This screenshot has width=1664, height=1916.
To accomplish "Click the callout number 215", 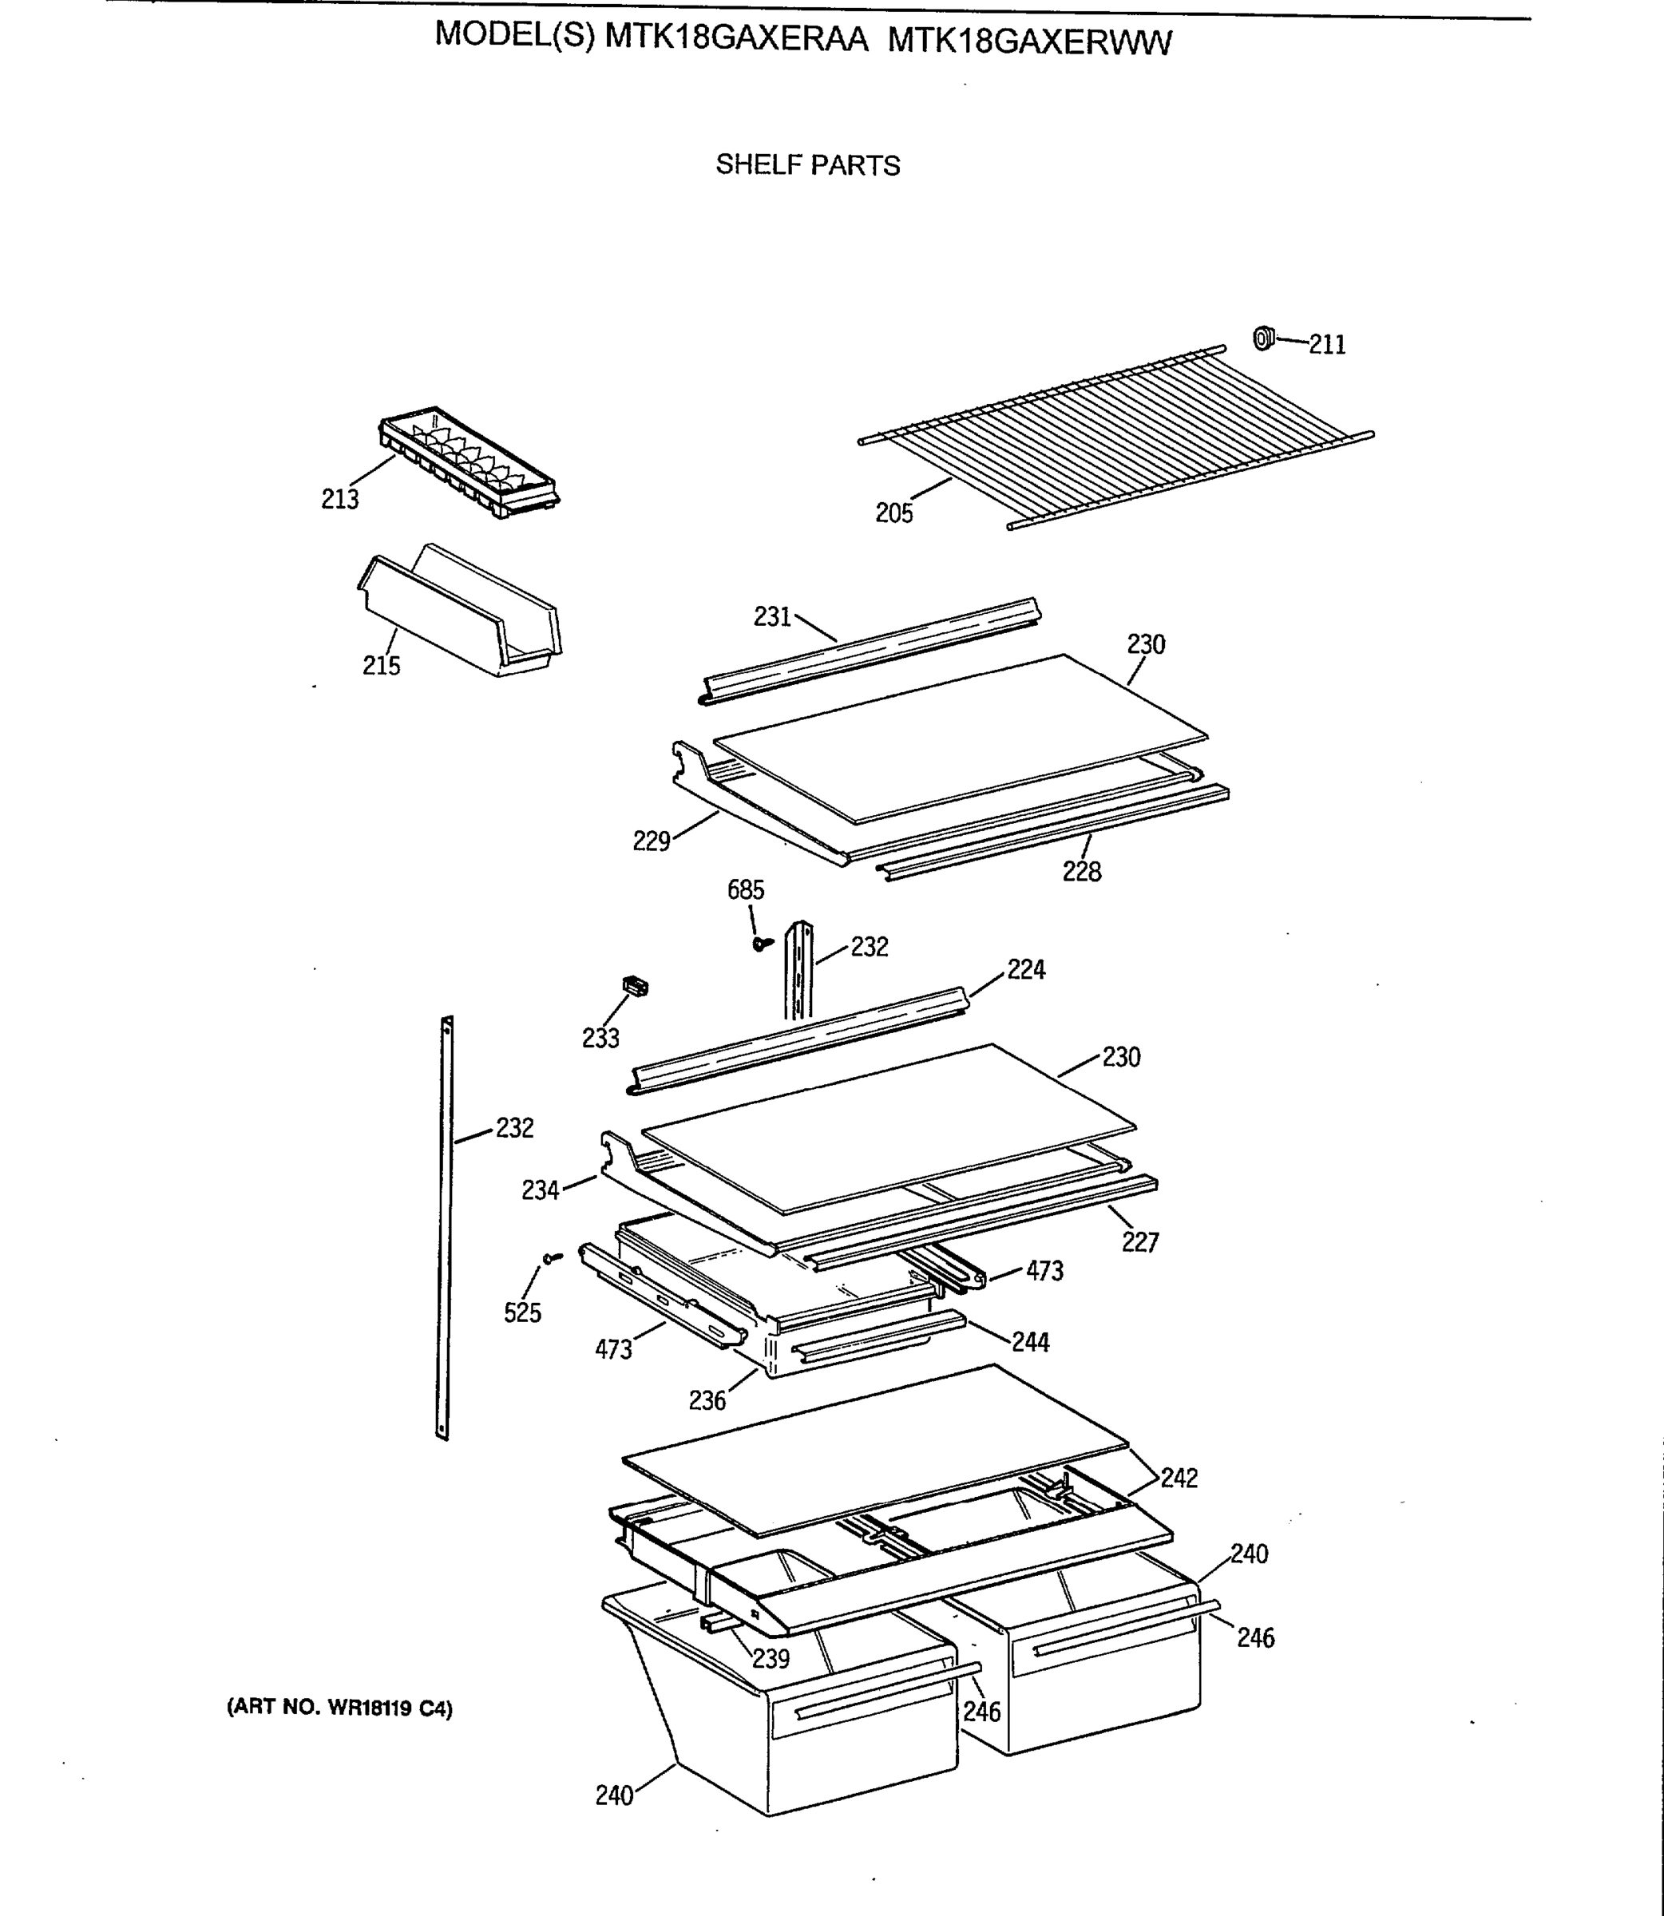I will point(381,666).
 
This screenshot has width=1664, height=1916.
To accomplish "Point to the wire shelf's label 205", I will point(894,513).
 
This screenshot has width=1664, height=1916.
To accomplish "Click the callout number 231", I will point(771,616).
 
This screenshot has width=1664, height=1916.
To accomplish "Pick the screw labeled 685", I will point(763,943).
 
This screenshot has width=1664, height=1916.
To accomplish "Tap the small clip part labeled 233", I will point(634,987).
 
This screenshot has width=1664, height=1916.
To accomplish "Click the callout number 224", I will point(1026,970).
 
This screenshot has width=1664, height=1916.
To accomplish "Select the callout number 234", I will point(541,1190).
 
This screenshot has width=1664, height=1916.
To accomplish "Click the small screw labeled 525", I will point(553,1258).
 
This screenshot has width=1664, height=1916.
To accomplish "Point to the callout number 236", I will point(707,1399).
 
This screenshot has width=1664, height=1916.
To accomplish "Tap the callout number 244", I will point(1031,1342).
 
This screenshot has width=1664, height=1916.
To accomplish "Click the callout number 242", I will point(1179,1478).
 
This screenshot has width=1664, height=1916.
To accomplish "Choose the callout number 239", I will point(771,1658).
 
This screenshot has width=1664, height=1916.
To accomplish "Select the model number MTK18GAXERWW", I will point(1030,42).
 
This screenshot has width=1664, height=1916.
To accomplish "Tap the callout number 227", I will point(1140,1242).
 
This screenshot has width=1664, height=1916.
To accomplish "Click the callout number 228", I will point(1082,872).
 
